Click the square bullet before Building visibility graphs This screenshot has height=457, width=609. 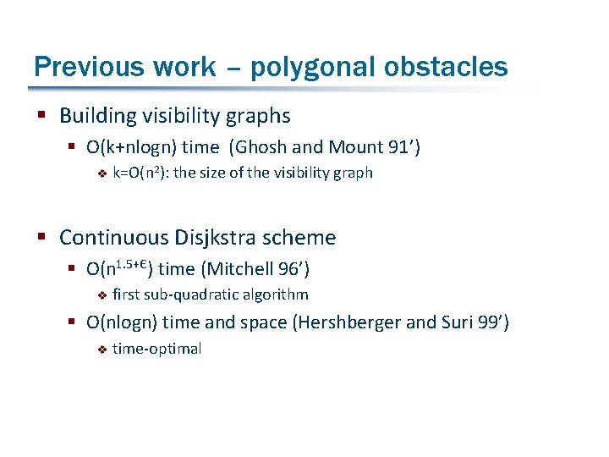(40, 116)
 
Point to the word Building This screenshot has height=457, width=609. (95, 116)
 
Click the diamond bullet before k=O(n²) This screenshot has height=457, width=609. (100, 173)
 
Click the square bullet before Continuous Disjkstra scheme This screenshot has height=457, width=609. (40, 238)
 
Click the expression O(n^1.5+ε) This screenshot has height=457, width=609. (119, 268)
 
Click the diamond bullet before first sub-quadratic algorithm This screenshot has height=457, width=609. (100, 295)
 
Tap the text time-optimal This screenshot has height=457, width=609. (156, 349)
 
